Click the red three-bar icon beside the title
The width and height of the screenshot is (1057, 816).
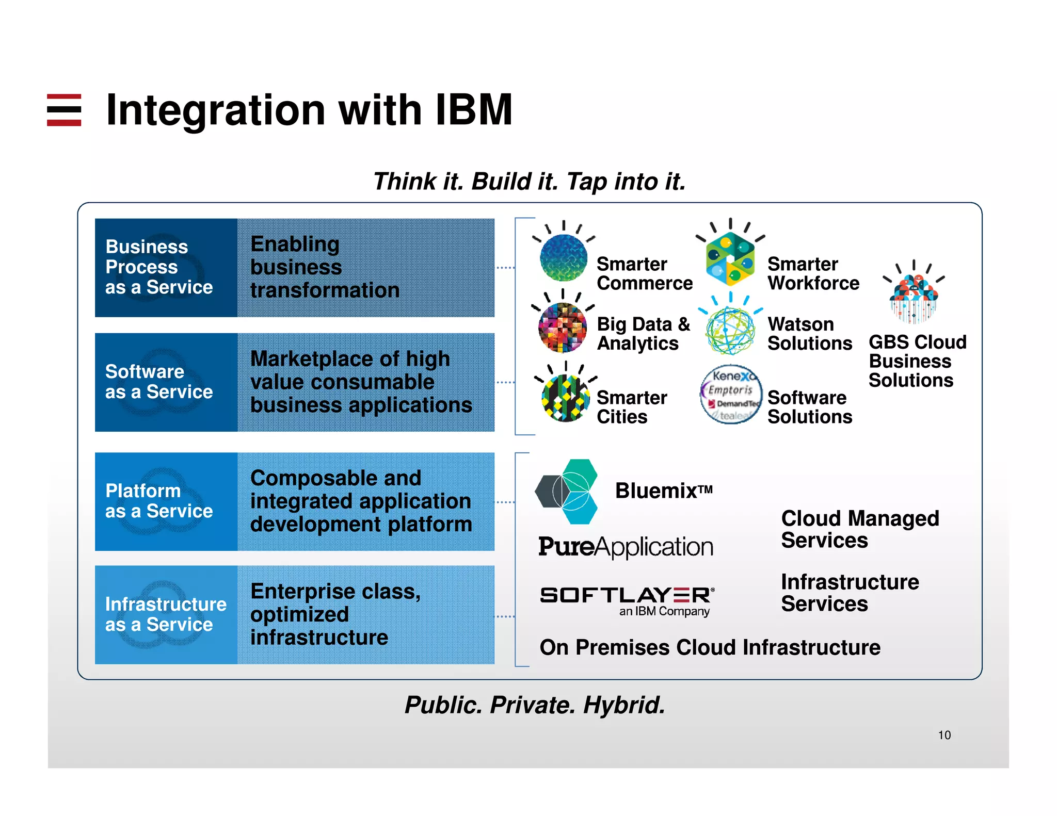point(64,110)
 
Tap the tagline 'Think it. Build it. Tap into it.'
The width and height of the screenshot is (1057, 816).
point(529,182)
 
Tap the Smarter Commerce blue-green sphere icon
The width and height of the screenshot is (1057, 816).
point(563,257)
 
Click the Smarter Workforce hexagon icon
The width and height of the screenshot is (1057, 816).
point(730,258)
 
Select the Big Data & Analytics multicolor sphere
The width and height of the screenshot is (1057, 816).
point(562,328)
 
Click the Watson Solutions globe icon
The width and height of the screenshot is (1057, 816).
point(730,330)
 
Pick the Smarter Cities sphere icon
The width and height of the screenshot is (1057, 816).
point(565,398)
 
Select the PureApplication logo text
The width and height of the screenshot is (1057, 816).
point(626,547)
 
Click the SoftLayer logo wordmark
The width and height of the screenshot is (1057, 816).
point(627,596)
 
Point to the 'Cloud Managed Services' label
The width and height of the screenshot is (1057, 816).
point(860,529)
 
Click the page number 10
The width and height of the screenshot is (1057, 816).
point(944,735)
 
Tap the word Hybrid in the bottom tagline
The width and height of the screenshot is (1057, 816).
point(624,705)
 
